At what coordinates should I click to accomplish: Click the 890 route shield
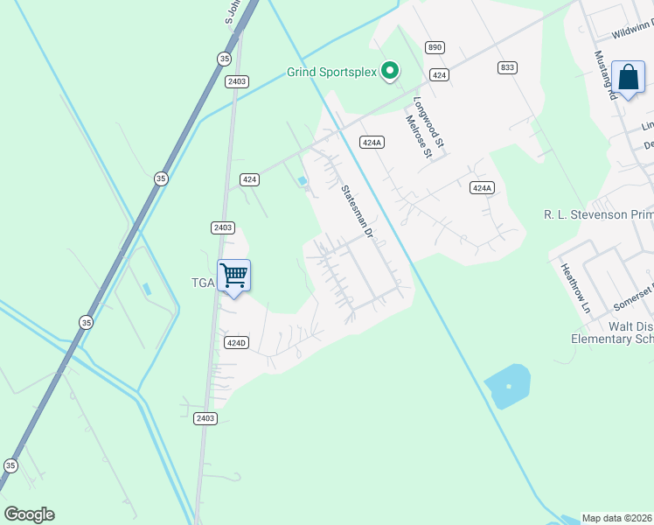click(x=435, y=46)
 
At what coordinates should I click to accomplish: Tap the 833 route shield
click(x=507, y=67)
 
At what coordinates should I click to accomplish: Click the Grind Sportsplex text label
click(x=331, y=72)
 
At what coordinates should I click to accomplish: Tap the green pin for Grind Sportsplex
click(x=391, y=70)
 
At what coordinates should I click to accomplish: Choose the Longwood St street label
click(x=429, y=122)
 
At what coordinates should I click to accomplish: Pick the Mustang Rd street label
click(x=607, y=74)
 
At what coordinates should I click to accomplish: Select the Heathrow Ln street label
click(x=576, y=290)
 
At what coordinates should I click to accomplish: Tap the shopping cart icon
click(x=233, y=276)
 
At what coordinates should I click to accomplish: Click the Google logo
click(x=29, y=514)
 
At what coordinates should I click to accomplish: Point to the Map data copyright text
click(x=617, y=517)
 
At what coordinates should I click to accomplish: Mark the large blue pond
click(x=508, y=386)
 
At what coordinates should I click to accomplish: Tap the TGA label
click(x=203, y=283)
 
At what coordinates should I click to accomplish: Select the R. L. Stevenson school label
click(x=598, y=214)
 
